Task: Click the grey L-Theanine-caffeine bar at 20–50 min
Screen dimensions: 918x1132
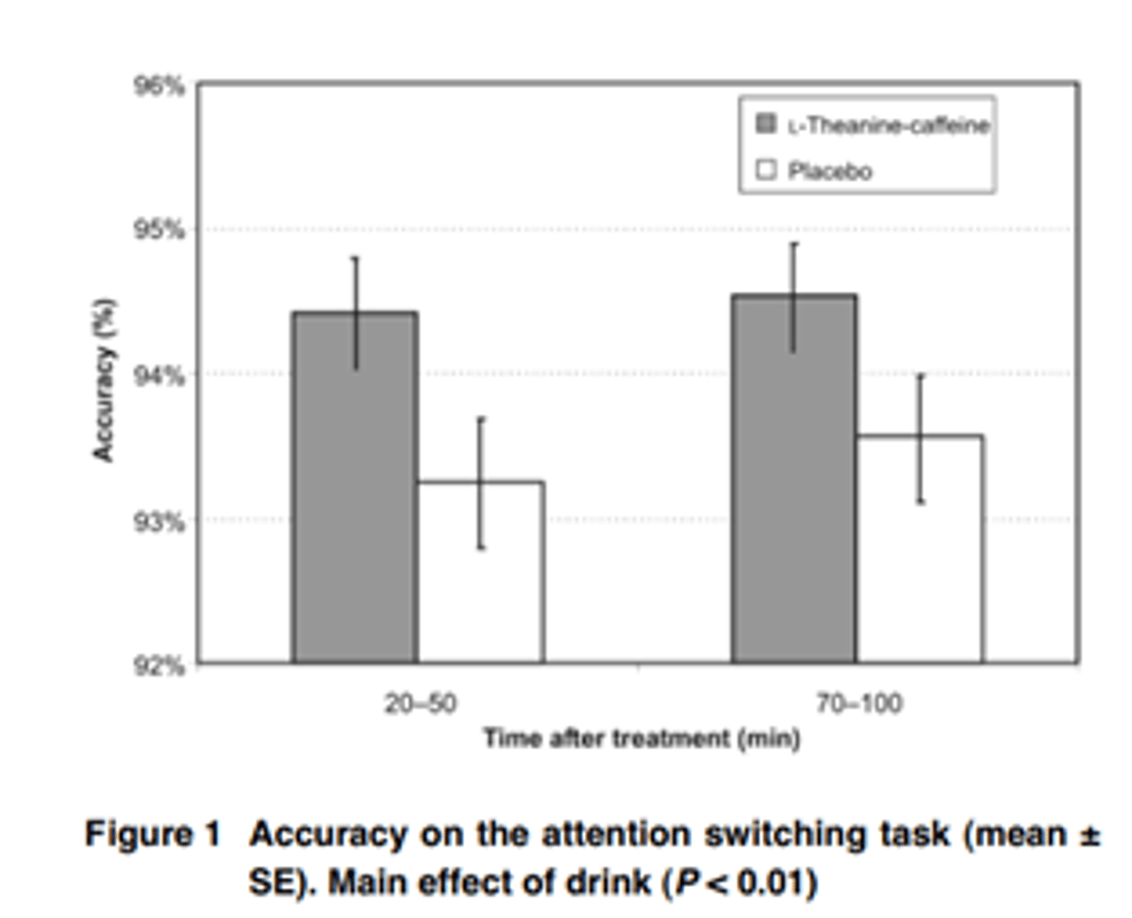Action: pos(355,491)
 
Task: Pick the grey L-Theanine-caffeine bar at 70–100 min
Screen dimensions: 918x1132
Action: pos(794,481)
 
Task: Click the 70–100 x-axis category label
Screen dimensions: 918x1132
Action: pos(858,705)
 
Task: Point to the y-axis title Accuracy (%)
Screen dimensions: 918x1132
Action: pos(104,380)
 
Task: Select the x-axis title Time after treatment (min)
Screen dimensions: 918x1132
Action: pos(641,739)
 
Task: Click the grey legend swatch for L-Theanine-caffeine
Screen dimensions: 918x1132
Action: pos(767,124)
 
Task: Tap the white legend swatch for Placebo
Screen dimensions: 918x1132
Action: pos(767,171)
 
